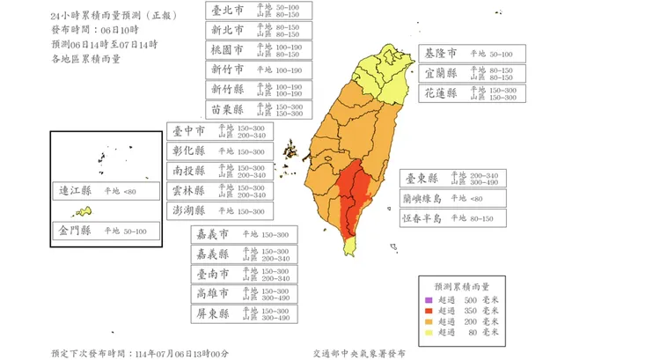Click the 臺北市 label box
259,11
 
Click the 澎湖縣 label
220,210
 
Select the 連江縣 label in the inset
106,191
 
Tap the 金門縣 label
106,231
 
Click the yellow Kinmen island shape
84,211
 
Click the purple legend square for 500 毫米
429,299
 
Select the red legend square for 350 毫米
429,311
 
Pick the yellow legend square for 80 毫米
429,332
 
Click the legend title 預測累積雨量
462,286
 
